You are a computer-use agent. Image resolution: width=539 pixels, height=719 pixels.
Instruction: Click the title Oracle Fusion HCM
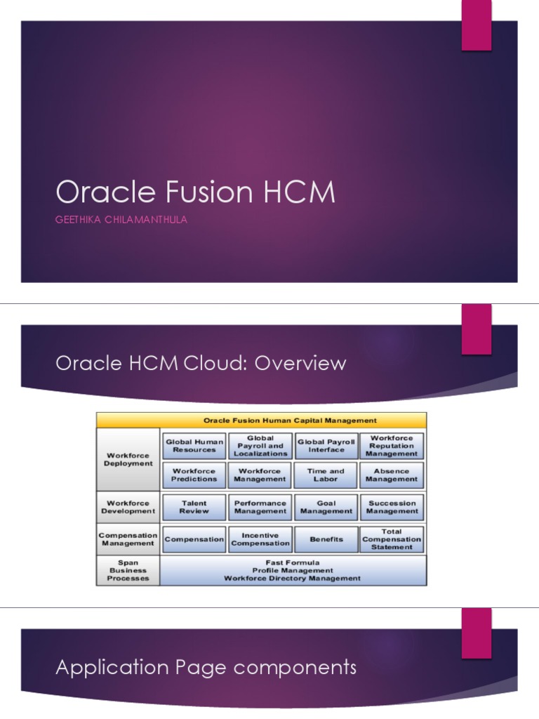(195, 192)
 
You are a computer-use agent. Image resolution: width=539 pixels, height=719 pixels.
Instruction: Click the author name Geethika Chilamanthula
(121, 220)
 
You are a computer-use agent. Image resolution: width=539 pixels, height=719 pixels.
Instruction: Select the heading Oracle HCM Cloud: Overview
(201, 363)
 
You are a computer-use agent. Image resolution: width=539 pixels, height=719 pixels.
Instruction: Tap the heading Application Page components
(206, 667)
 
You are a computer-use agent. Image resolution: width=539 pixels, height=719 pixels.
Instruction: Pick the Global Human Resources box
(194, 446)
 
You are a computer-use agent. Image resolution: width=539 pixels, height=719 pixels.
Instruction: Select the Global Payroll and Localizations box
(260, 446)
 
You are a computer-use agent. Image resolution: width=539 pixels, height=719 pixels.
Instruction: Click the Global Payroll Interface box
(326, 446)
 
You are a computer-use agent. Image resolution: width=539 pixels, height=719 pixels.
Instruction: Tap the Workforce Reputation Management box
(392, 446)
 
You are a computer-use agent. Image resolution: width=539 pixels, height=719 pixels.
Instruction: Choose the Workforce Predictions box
(194, 475)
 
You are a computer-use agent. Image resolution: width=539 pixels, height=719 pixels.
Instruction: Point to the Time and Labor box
(326, 475)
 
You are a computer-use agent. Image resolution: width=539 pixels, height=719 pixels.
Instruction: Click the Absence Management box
(392, 475)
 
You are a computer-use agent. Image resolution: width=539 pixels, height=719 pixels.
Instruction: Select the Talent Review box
(194, 507)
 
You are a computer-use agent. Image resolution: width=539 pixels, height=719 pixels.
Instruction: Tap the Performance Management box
(260, 507)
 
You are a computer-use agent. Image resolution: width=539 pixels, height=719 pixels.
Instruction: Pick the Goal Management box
(326, 507)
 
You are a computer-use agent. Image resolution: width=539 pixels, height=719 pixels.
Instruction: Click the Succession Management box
(392, 507)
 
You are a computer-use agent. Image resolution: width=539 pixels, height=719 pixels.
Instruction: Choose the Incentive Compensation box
(260, 539)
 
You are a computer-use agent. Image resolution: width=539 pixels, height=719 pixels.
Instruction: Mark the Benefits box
(326, 539)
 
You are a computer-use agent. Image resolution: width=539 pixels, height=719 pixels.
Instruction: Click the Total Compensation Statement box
(392, 539)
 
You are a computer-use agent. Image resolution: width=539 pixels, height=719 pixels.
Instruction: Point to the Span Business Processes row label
(128, 570)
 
